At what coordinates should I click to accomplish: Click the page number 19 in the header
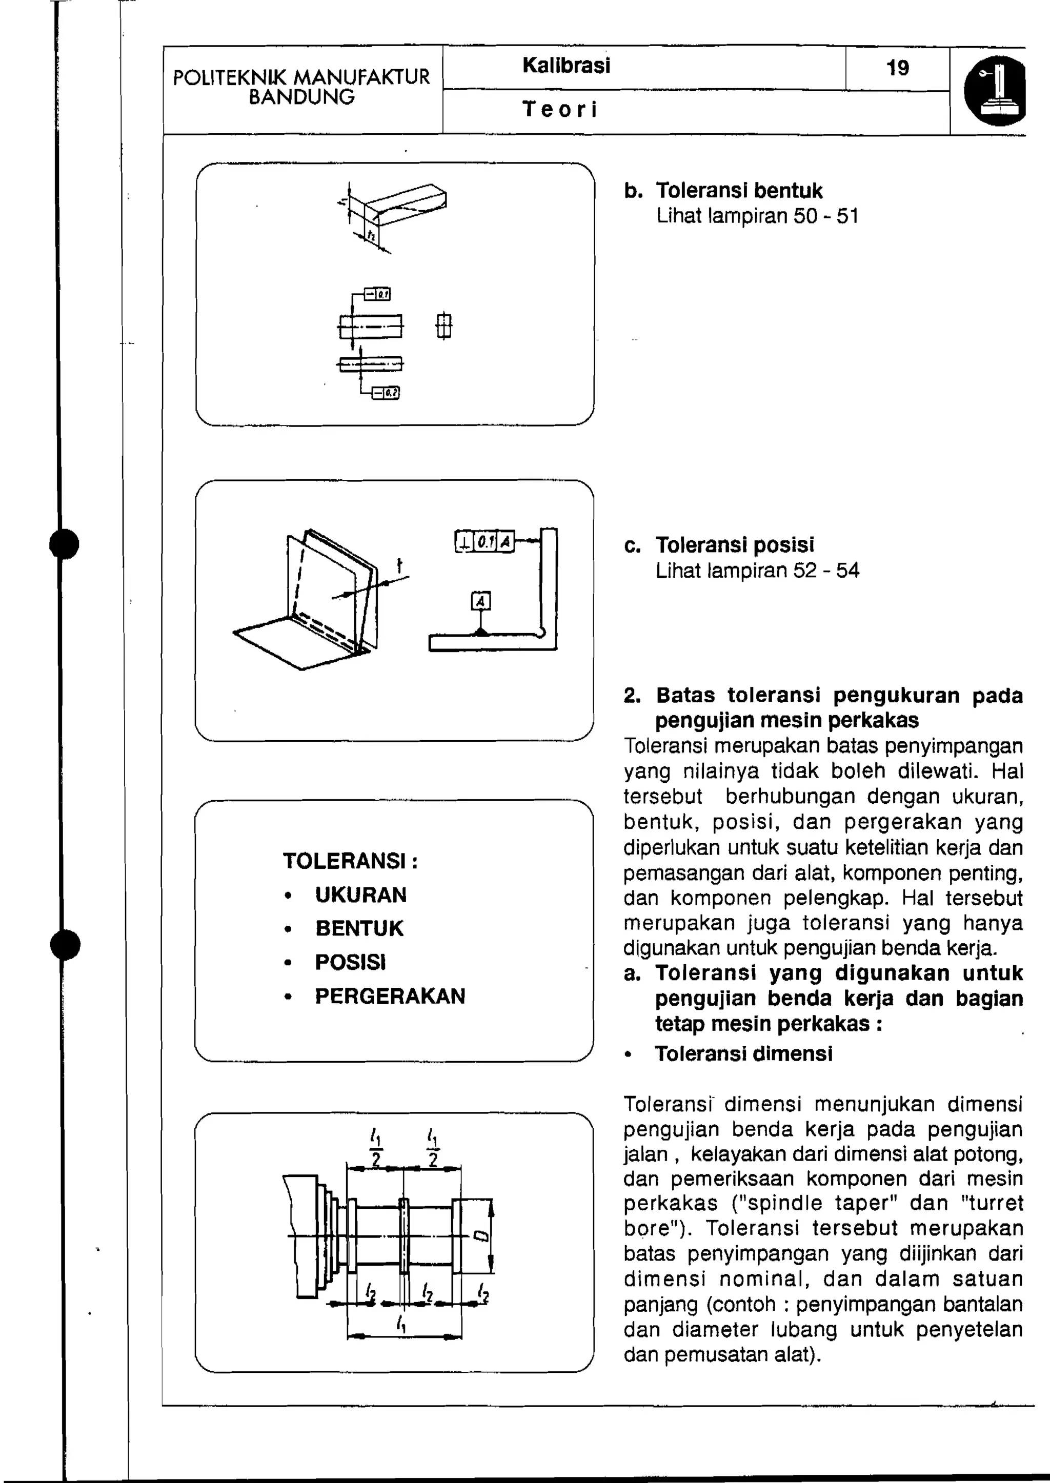pyautogui.click(x=897, y=68)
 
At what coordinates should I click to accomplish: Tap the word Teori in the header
pyautogui.click(x=560, y=109)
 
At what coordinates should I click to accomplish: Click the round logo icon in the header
pyautogui.click(x=996, y=91)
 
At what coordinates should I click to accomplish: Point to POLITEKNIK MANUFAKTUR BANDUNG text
pyautogui.click(x=302, y=87)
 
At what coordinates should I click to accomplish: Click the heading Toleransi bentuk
pyautogui.click(x=739, y=191)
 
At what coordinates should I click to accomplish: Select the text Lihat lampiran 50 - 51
pyautogui.click(x=757, y=216)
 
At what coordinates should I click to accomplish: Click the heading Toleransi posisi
pyautogui.click(x=735, y=545)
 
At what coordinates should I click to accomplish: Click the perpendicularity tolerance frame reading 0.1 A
pyautogui.click(x=484, y=541)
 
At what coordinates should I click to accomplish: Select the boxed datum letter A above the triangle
pyautogui.click(x=480, y=601)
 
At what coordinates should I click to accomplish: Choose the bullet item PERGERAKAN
pyautogui.click(x=390, y=996)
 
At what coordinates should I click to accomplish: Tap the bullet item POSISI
pyautogui.click(x=350, y=962)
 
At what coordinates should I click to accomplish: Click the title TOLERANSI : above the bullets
pyautogui.click(x=350, y=861)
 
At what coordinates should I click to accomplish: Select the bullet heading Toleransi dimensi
pyautogui.click(x=743, y=1054)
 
